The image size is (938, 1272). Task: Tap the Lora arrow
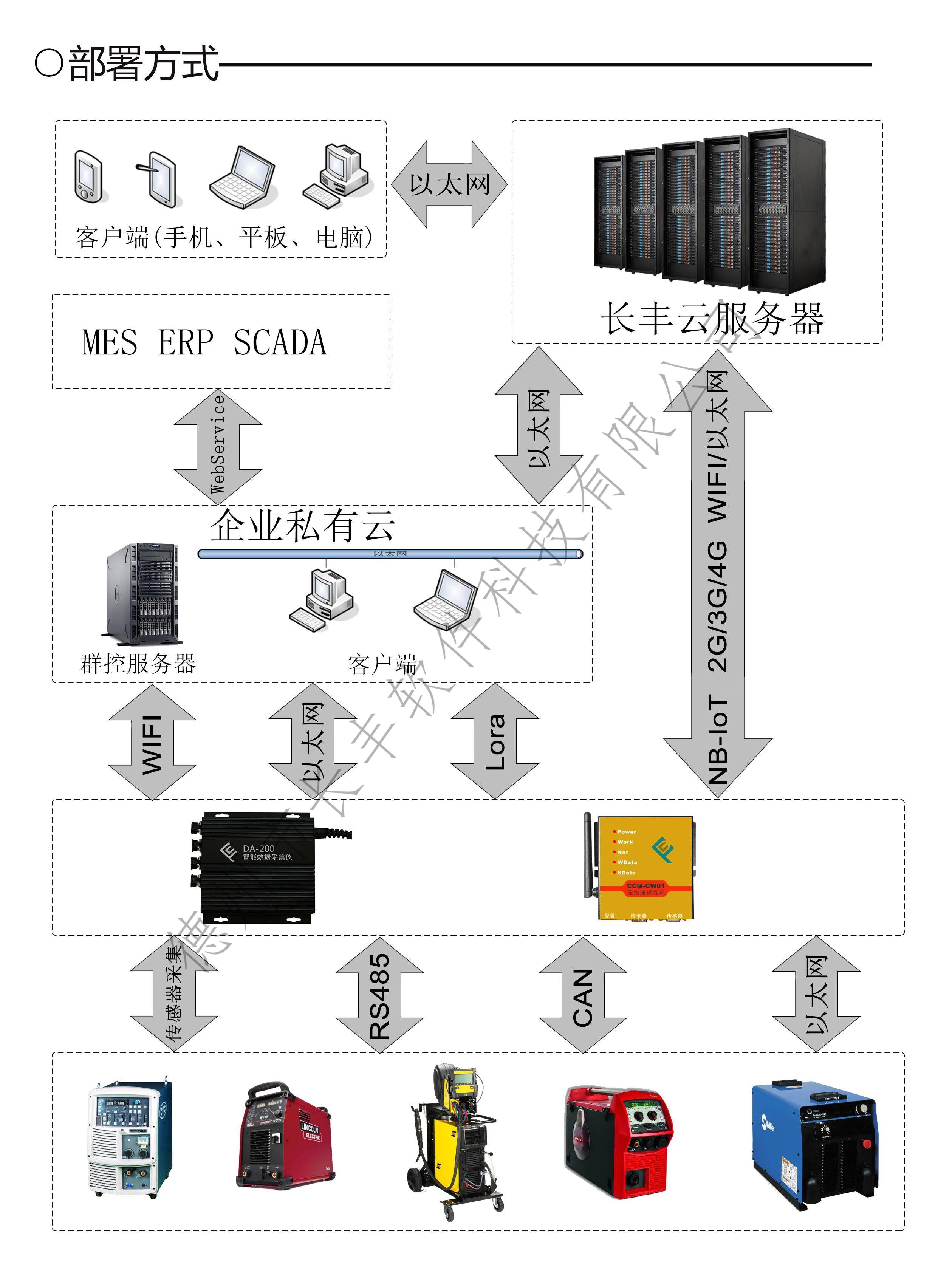coord(495,741)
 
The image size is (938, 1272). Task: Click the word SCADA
coord(280,342)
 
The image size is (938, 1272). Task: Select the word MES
coord(110,342)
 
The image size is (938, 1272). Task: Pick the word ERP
coord(186,342)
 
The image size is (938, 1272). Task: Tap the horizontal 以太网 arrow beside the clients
coord(449,184)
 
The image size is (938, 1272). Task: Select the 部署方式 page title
coord(143,63)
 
